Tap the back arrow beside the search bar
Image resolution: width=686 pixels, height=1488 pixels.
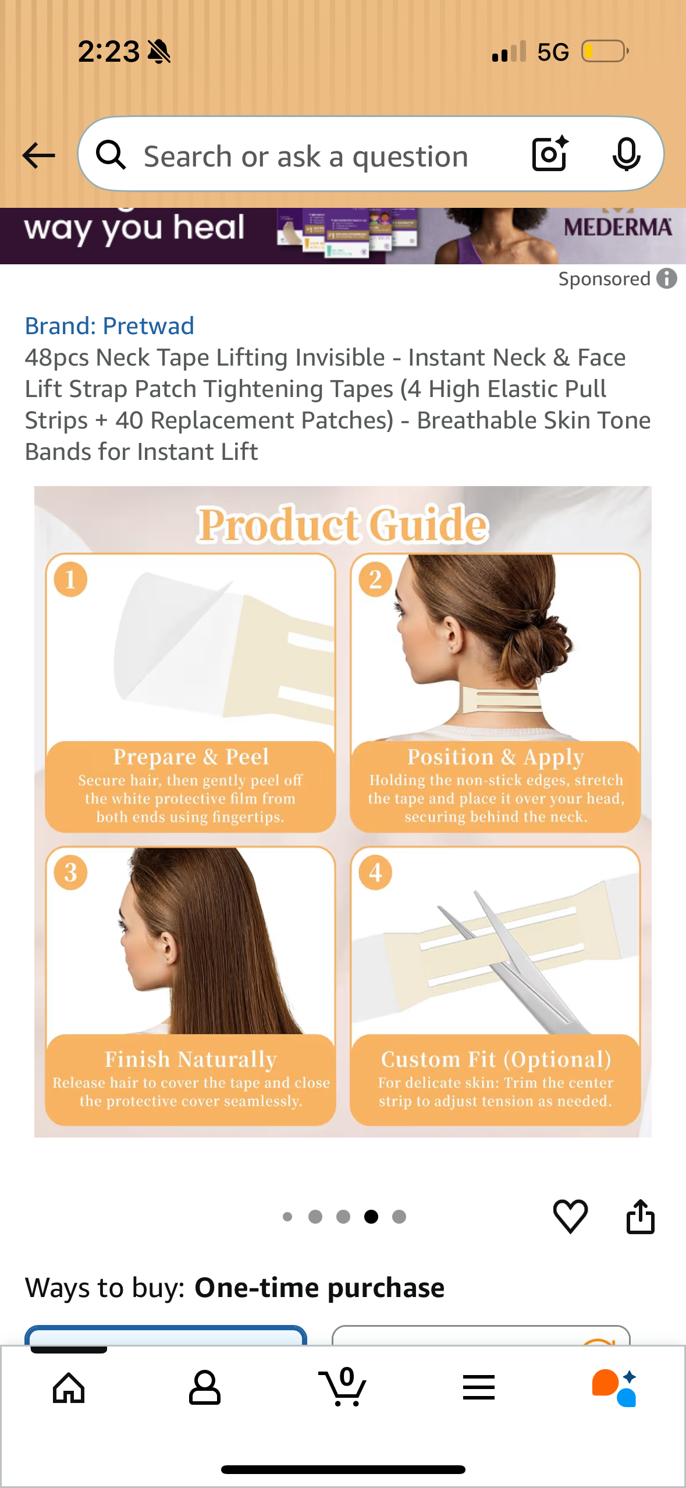click(38, 155)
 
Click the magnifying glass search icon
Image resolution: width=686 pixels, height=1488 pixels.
click(111, 155)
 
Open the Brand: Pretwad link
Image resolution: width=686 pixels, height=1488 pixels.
click(109, 326)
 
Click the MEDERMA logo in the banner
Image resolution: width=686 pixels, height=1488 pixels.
click(617, 226)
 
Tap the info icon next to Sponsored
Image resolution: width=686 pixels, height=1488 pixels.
click(667, 279)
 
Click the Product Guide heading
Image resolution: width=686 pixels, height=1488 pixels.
click(342, 525)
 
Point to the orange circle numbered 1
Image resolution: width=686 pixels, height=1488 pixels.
click(70, 580)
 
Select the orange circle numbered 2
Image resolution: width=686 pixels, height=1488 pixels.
click(375, 580)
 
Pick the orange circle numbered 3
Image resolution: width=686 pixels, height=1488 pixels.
click(70, 873)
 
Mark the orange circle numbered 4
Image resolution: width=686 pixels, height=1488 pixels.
click(375, 873)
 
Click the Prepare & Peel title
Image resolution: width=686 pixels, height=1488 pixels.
click(191, 757)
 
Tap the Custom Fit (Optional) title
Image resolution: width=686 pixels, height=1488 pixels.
click(496, 1060)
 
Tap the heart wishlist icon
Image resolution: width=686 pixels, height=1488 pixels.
click(570, 1216)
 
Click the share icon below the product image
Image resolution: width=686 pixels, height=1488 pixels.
click(640, 1217)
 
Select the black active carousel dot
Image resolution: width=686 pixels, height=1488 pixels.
click(371, 1217)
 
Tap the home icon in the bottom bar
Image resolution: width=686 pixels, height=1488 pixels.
click(69, 1388)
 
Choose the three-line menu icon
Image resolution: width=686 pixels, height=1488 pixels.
click(479, 1388)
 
